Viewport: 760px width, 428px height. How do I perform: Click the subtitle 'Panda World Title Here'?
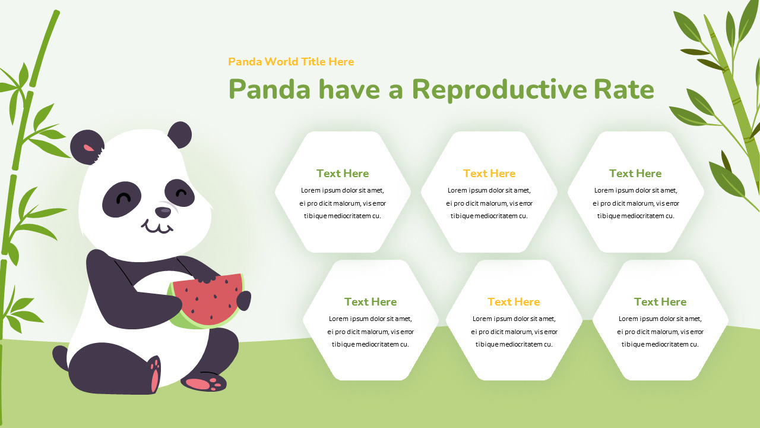click(x=291, y=62)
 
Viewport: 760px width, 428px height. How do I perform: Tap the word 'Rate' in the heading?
click(x=623, y=90)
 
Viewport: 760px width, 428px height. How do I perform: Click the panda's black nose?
click(x=163, y=212)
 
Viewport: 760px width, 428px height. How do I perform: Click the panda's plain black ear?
click(x=180, y=134)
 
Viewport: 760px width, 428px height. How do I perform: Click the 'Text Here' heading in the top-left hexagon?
click(x=343, y=174)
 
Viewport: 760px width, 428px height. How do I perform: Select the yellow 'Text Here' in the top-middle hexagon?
click(x=489, y=174)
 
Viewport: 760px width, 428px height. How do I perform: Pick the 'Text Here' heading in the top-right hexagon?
click(x=635, y=174)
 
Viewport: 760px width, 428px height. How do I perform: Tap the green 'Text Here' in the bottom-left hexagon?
click(x=370, y=302)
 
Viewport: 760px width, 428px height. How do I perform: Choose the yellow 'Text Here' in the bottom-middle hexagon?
click(x=514, y=302)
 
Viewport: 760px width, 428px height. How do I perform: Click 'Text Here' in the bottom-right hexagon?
click(x=660, y=302)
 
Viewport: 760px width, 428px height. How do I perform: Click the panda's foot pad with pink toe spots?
click(x=204, y=382)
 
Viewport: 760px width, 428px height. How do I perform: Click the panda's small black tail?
click(x=60, y=357)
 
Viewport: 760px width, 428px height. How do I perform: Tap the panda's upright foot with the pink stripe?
click(x=154, y=374)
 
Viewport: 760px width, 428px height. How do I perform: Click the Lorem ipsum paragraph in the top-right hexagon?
click(x=635, y=203)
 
